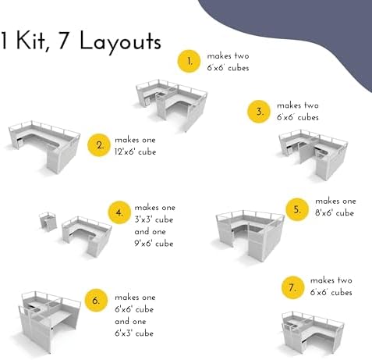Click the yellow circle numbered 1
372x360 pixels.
[x=189, y=62]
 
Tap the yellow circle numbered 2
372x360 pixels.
[x=99, y=145]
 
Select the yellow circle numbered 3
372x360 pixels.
[x=259, y=112]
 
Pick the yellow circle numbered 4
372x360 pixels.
[x=119, y=212]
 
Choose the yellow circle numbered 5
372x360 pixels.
[x=297, y=209]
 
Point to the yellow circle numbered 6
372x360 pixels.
[x=96, y=301]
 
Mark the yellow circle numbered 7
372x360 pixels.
[x=293, y=287]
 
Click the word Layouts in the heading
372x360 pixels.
[x=120, y=41]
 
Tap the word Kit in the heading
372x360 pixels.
[x=30, y=41]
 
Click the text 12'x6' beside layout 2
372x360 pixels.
[x=124, y=151]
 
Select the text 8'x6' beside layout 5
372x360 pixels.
[x=324, y=213]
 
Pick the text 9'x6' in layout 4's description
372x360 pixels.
[x=143, y=244]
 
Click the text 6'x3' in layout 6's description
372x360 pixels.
[x=123, y=333]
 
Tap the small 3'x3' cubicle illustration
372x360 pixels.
[x=48, y=222]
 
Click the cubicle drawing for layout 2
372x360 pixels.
[x=44, y=146]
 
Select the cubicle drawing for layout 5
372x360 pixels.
[x=250, y=235]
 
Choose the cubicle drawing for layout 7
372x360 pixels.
[x=313, y=332]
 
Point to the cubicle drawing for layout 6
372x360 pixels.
[x=50, y=322]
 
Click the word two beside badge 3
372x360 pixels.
[x=311, y=105]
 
